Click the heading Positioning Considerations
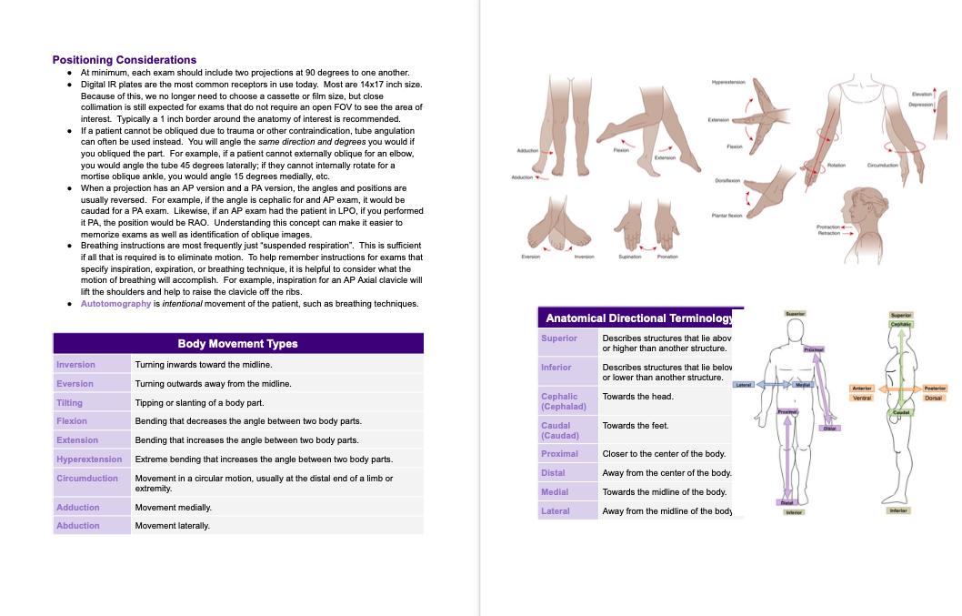click(x=124, y=60)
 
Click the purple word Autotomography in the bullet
click(x=115, y=304)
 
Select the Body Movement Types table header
click(x=237, y=344)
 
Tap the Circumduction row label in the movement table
click(x=87, y=478)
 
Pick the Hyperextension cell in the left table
click(x=89, y=459)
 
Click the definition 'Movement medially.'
click(x=173, y=508)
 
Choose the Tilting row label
click(x=69, y=402)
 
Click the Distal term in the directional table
click(x=553, y=473)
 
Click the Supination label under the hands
click(x=629, y=257)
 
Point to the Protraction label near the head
click(x=828, y=227)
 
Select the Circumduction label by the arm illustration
click(x=883, y=165)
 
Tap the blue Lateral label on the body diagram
click(x=744, y=385)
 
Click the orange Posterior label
click(x=934, y=389)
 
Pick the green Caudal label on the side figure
click(x=900, y=412)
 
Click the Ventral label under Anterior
click(x=862, y=398)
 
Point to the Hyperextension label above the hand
click(x=728, y=82)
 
